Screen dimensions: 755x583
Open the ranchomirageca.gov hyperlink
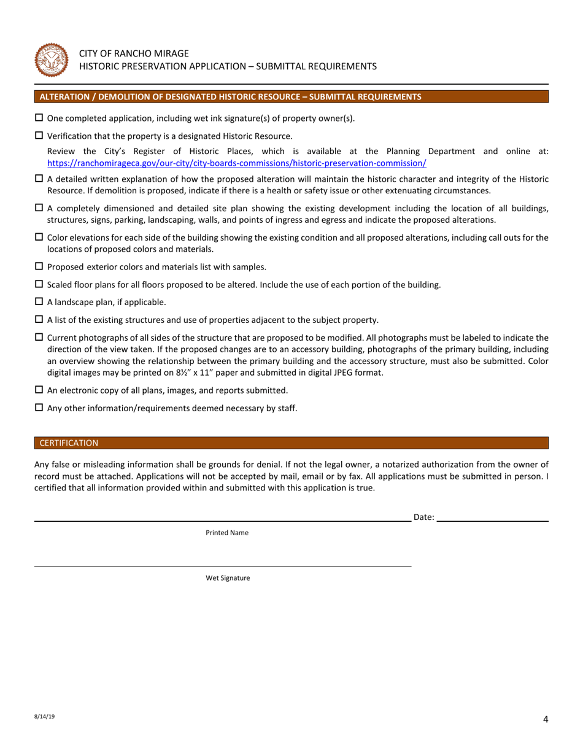click(x=236, y=163)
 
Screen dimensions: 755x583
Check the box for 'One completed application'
click(x=39, y=118)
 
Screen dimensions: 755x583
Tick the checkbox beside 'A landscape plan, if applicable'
click(x=39, y=301)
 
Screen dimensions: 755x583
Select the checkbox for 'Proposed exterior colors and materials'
click(x=39, y=266)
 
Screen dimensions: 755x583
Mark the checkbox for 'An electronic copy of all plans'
click(x=39, y=390)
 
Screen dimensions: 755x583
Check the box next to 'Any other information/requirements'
click(x=39, y=408)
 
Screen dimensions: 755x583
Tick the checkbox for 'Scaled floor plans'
click(x=39, y=284)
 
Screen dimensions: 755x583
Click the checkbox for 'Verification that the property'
click(x=39, y=136)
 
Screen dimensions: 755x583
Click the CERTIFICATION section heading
click(x=68, y=443)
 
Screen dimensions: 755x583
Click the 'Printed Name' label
click(x=227, y=533)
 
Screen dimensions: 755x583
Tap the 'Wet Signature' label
click(x=228, y=578)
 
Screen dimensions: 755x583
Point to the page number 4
click(x=545, y=720)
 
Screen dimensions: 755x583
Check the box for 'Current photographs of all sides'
click(x=39, y=337)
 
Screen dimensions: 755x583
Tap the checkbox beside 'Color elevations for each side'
click(x=39, y=237)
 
